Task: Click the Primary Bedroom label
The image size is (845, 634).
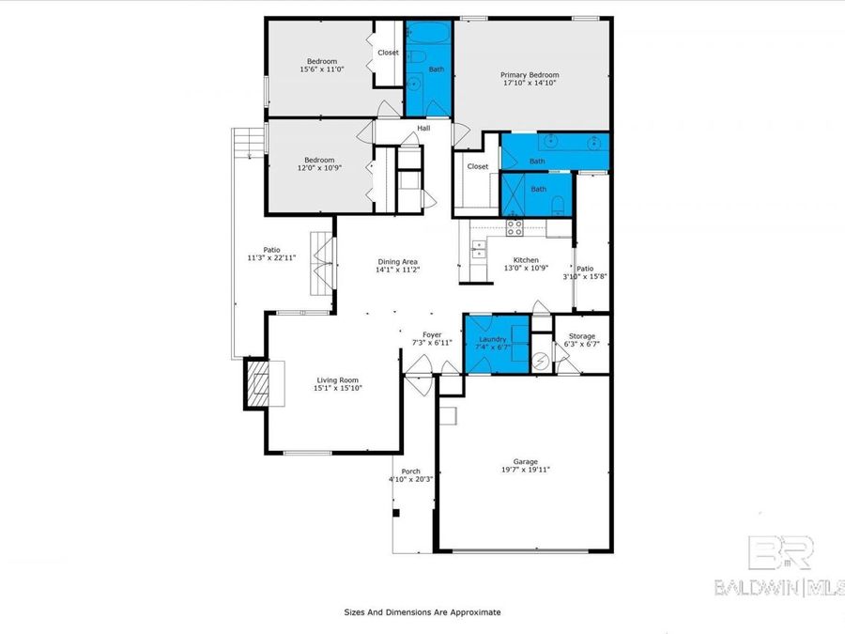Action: (529, 75)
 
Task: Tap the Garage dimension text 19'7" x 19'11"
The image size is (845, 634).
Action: (525, 469)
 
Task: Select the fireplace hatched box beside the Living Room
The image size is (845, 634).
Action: (257, 383)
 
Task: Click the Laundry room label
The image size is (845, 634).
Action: (493, 339)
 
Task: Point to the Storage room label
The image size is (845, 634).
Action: (582, 335)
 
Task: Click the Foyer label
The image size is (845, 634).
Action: (432, 334)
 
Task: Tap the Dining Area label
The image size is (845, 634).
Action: (397, 261)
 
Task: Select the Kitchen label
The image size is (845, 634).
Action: (525, 259)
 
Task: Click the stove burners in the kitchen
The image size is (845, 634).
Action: (514, 225)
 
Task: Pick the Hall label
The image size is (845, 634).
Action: (423, 129)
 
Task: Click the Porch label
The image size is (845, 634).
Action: (410, 472)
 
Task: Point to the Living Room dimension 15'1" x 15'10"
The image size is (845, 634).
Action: (338, 388)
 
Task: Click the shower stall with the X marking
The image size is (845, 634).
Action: (515, 195)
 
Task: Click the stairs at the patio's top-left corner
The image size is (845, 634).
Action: (246, 144)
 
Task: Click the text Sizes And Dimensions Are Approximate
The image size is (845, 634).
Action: (422, 611)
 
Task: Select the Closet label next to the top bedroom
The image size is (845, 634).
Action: (388, 53)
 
